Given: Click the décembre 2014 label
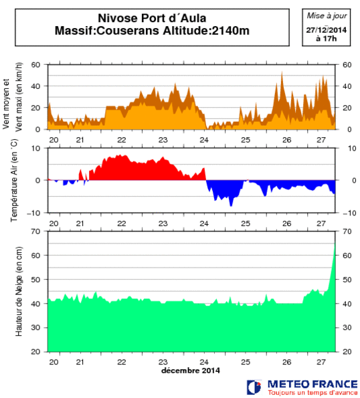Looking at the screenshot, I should (190, 370).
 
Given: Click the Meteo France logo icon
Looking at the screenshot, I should (254, 387).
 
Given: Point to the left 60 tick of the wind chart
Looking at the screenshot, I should (37, 65).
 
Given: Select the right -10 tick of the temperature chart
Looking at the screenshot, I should (348, 213).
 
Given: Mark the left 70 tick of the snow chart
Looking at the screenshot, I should (37, 231).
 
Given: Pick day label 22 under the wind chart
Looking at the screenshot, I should (121, 140).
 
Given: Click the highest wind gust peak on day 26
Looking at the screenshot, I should (282, 72).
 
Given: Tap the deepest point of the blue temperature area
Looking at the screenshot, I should (231, 205).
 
